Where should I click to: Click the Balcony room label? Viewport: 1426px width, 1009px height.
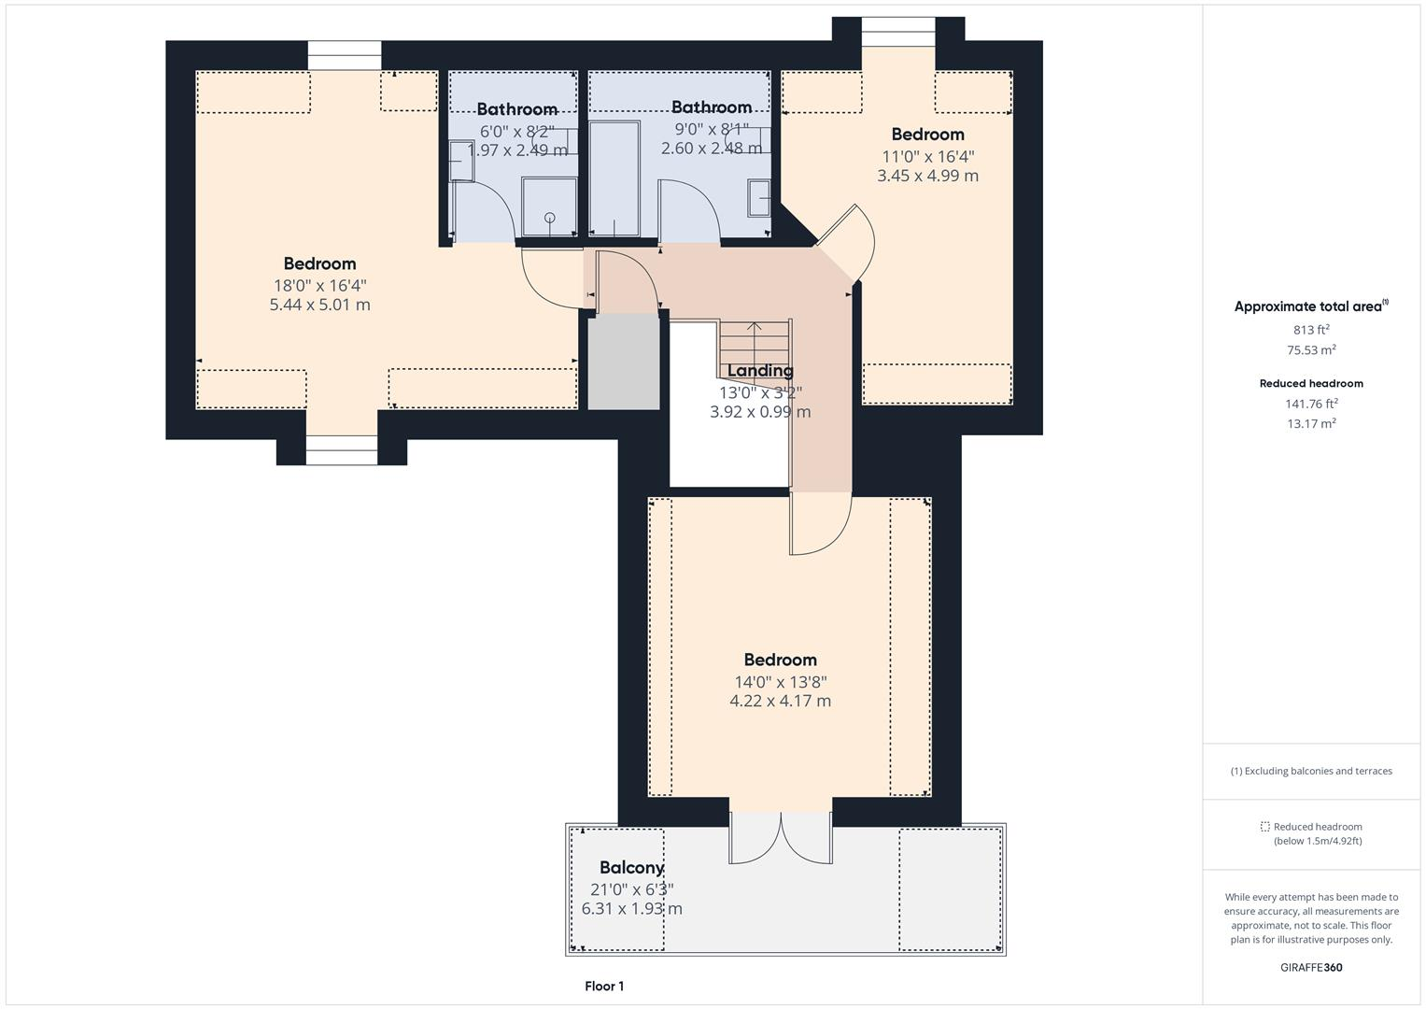[x=631, y=867]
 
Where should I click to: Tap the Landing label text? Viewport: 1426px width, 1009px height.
[x=760, y=371]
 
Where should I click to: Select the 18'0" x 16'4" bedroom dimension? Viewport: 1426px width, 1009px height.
[x=319, y=285]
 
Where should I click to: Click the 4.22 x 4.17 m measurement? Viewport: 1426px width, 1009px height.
[x=780, y=701]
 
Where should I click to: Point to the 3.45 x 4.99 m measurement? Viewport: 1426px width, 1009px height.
[x=927, y=176]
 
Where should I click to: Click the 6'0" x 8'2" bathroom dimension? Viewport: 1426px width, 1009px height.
[x=516, y=132]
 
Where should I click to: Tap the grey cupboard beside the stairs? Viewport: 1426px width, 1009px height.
[x=624, y=361]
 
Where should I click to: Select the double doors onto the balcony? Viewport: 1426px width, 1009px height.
[x=780, y=837]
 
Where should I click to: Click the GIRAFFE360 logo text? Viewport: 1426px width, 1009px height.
[x=1311, y=968]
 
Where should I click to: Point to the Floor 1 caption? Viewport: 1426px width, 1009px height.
[x=604, y=986]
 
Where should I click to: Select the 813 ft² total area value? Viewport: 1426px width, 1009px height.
[x=1311, y=330]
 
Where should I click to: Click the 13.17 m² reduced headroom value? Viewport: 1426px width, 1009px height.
[x=1311, y=423]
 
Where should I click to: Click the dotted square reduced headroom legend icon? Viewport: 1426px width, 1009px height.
[x=1264, y=827]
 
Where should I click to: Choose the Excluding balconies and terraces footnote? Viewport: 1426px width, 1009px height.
[x=1311, y=771]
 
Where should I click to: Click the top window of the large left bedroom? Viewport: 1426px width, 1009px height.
[x=345, y=55]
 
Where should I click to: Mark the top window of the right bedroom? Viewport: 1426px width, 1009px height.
[x=897, y=32]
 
